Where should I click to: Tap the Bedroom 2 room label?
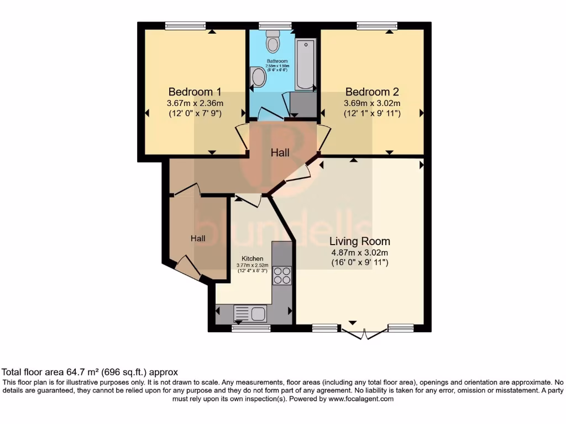point(372,92)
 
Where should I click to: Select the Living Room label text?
point(360,241)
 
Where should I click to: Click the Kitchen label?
point(252,258)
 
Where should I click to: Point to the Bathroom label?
point(277,61)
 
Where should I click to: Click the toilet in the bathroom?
point(273,41)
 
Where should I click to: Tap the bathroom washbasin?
point(257,77)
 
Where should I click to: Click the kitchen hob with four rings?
point(282,275)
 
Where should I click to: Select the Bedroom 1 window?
point(185,25)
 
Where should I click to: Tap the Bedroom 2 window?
point(376,25)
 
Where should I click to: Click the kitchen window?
point(251,328)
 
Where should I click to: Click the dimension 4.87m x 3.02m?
point(360,253)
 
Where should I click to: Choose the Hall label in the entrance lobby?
point(198,239)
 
